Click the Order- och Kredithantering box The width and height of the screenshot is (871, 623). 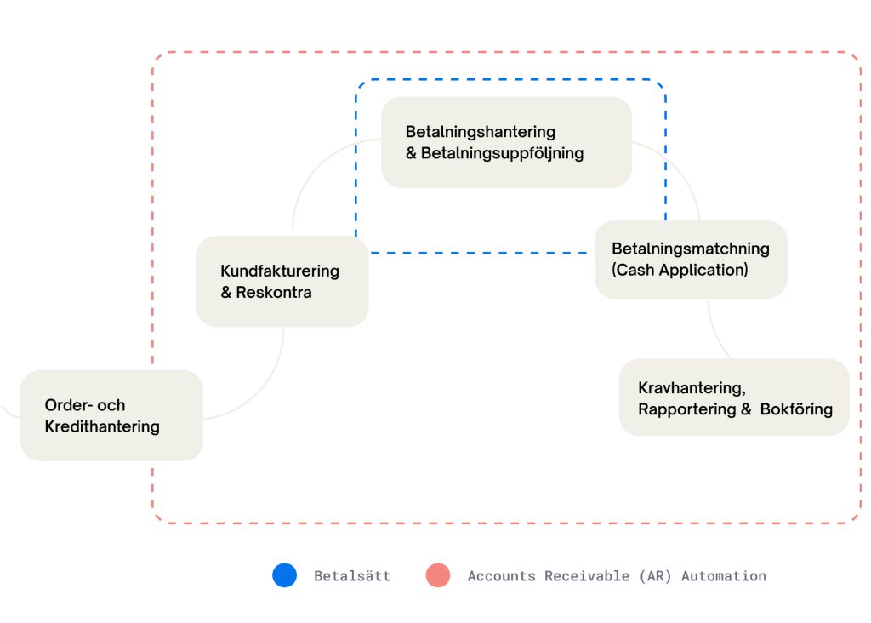[111, 415]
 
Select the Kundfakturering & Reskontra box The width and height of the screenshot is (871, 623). [282, 282]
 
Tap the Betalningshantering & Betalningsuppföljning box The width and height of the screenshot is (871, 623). [506, 142]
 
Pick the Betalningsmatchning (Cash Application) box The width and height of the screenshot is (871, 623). [691, 260]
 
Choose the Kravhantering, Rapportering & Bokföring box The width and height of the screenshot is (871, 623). [734, 397]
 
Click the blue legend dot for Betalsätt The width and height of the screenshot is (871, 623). [285, 576]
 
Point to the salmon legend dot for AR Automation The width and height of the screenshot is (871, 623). [438, 576]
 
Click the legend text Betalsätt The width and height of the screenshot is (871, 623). [352, 576]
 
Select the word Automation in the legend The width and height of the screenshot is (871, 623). [724, 576]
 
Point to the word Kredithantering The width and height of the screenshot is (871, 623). [102, 426]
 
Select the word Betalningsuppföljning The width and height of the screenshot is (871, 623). [502, 154]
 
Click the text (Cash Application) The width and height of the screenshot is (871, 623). [680, 271]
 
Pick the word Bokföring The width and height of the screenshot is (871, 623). [796, 409]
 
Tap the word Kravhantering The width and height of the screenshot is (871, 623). [692, 388]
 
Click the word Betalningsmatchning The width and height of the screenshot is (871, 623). [691, 249]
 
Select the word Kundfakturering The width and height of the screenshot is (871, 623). [280, 271]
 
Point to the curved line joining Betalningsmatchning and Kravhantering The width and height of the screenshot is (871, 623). [714, 332]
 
